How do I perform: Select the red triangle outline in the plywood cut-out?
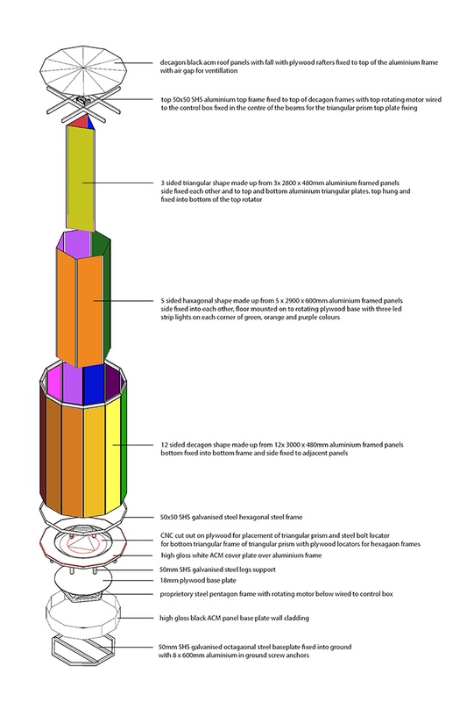tap(84, 543)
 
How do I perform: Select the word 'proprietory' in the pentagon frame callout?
tap(181, 595)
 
